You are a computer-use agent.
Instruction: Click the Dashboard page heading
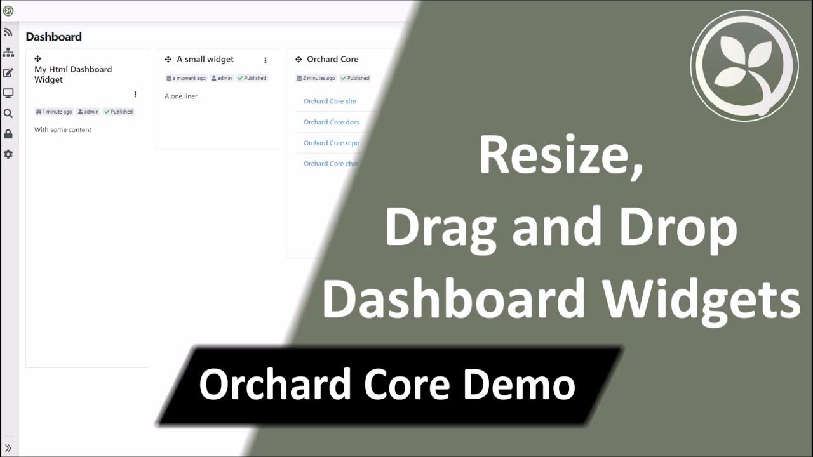pyautogui.click(x=53, y=37)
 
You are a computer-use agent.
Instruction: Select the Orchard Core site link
pyautogui.click(x=330, y=102)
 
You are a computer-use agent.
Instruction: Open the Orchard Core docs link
pyautogui.click(x=332, y=122)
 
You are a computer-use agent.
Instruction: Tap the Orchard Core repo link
pyautogui.click(x=332, y=143)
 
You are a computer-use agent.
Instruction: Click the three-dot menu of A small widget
pyautogui.click(x=265, y=60)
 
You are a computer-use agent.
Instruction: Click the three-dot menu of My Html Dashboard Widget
pyautogui.click(x=135, y=95)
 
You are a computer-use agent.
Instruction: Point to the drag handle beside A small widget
pyautogui.click(x=168, y=60)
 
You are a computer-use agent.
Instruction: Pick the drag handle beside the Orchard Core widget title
pyautogui.click(x=299, y=60)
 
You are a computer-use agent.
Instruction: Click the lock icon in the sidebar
pyautogui.click(x=8, y=134)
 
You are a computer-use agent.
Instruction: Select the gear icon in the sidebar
pyautogui.click(x=8, y=154)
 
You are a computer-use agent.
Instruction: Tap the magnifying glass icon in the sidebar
pyautogui.click(x=8, y=114)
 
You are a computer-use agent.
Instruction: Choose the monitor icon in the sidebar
pyautogui.click(x=8, y=93)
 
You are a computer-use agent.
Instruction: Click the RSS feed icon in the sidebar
pyautogui.click(x=8, y=32)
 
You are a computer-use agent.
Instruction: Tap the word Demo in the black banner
pyautogui.click(x=519, y=385)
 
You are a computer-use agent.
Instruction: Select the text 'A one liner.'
pyautogui.click(x=182, y=96)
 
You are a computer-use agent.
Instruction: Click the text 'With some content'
pyautogui.click(x=63, y=130)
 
